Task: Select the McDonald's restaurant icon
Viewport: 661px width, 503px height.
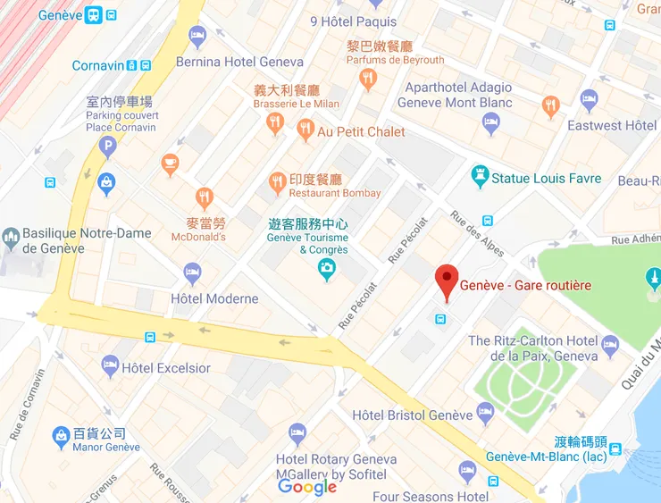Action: [x=205, y=197]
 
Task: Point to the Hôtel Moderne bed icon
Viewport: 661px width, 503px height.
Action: [x=192, y=272]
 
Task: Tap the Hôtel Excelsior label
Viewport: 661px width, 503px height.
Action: [x=166, y=368]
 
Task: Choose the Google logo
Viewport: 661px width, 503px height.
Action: [x=307, y=487]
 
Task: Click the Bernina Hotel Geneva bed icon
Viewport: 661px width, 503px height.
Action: [x=197, y=37]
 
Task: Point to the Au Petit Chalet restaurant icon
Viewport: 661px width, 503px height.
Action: [x=305, y=130]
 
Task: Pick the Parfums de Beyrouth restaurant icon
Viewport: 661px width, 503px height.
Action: [x=367, y=80]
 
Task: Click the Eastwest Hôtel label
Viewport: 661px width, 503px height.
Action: [x=612, y=125]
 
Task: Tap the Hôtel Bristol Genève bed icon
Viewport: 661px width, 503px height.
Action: [x=485, y=414]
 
